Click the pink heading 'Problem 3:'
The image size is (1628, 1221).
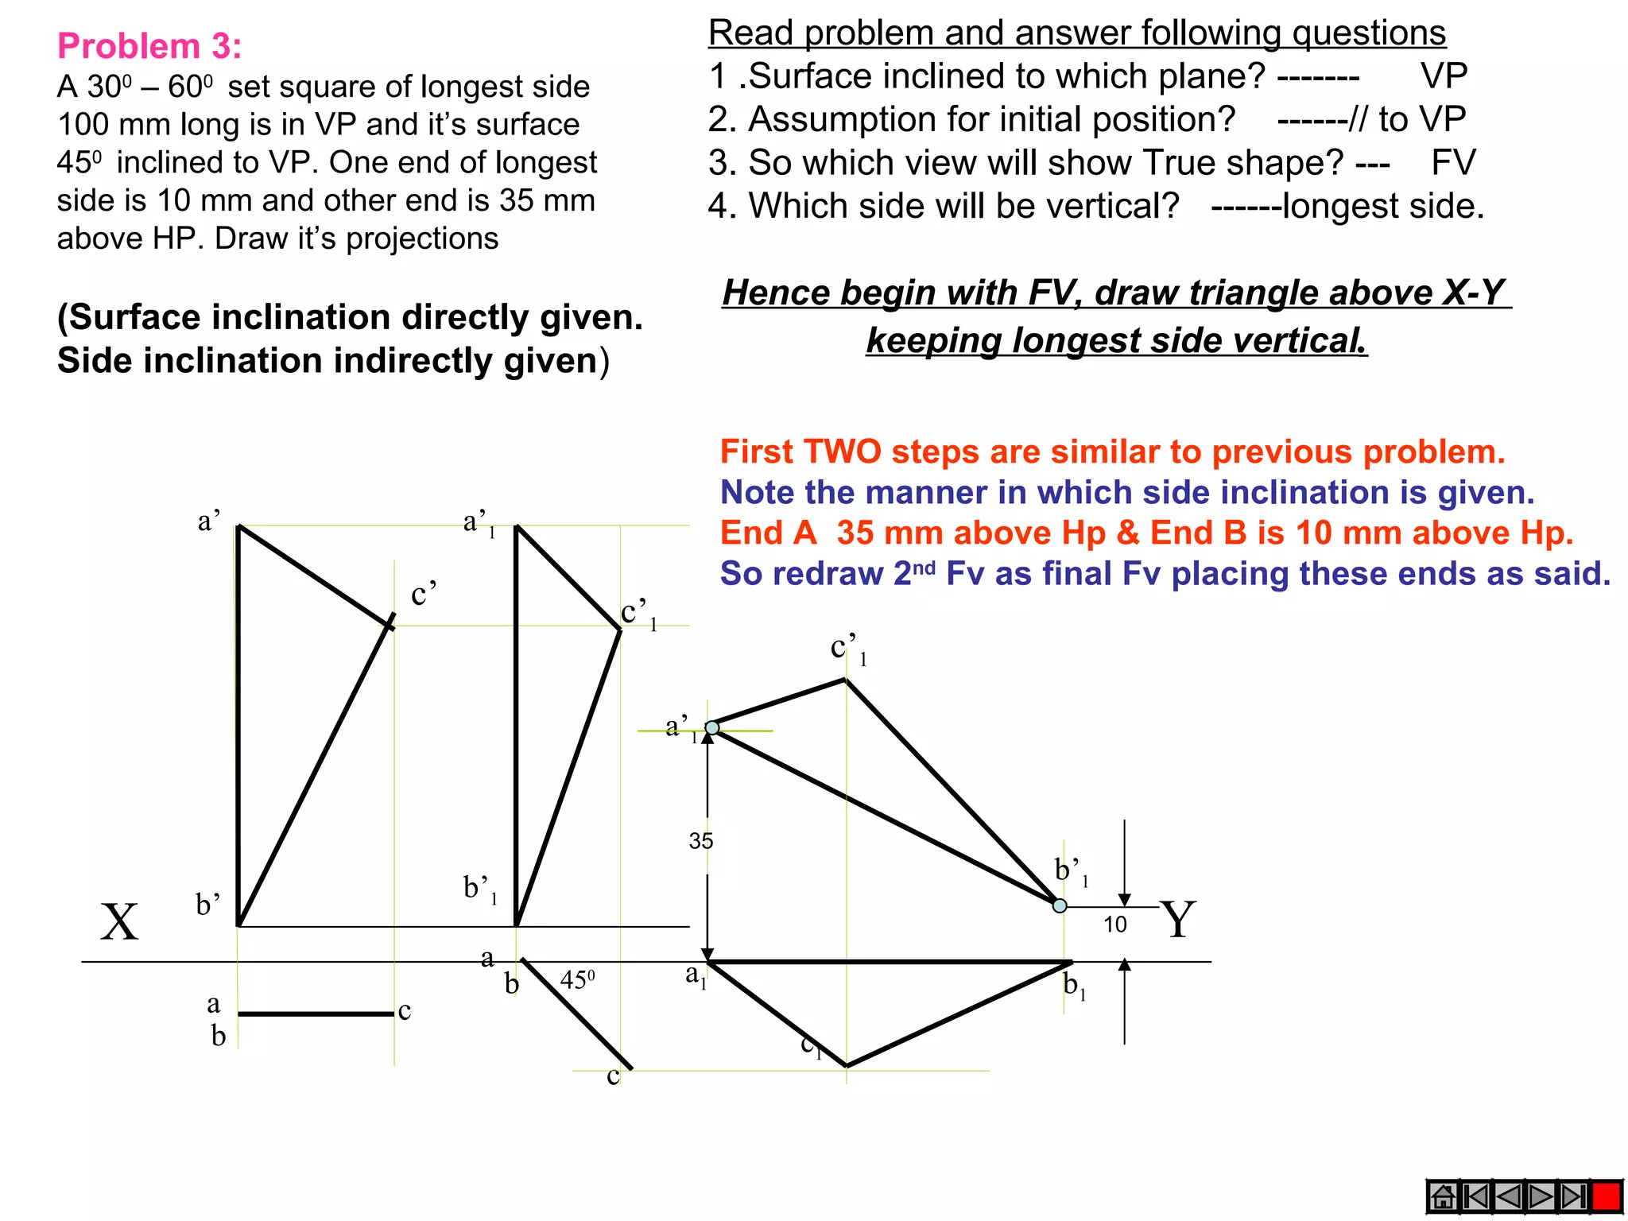coord(149,46)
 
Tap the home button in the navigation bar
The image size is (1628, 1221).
coord(1443,1196)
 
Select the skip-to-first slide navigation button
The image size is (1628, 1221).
coord(1476,1196)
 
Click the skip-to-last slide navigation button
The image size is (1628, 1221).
coord(1572,1196)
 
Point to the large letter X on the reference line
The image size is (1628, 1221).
coord(119,922)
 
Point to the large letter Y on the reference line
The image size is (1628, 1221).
coord(1177,920)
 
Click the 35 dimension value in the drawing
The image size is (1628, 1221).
coord(701,841)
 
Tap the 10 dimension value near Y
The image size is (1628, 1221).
coord(1114,924)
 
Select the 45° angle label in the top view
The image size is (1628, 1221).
coord(577,979)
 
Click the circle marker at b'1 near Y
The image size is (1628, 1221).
coord(1060,905)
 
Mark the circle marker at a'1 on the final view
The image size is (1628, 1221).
coord(712,727)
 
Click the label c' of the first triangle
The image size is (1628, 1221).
coord(423,594)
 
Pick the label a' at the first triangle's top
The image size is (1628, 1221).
coord(208,521)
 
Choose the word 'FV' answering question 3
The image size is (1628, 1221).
coord(1453,163)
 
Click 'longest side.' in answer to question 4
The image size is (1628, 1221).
coord(1383,206)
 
